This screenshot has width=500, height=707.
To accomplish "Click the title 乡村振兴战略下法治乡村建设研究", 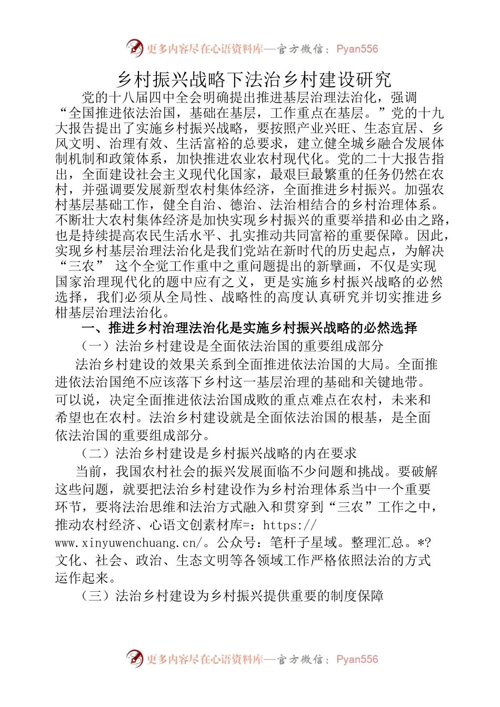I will click(254, 79).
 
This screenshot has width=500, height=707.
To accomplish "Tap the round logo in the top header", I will click(135, 48).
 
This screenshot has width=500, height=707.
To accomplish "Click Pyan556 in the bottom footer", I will click(357, 659).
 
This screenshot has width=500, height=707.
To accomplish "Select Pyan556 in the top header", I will click(357, 49).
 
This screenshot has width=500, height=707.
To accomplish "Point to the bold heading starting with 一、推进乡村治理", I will click(249, 328).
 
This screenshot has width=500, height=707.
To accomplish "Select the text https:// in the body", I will click(289, 525).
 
